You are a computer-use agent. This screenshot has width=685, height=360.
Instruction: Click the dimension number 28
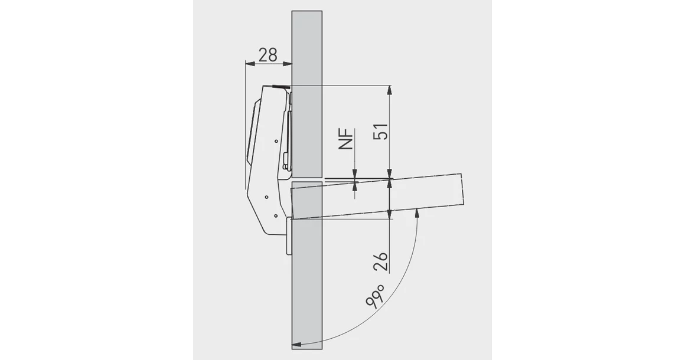tap(268, 55)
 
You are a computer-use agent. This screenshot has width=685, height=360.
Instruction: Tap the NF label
tap(346, 139)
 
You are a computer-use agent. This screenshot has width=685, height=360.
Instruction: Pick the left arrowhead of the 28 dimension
tap(249, 64)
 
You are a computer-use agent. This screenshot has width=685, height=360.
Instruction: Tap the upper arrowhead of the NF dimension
tap(355, 174)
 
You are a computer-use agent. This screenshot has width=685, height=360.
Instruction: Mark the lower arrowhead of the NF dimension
tap(355, 186)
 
